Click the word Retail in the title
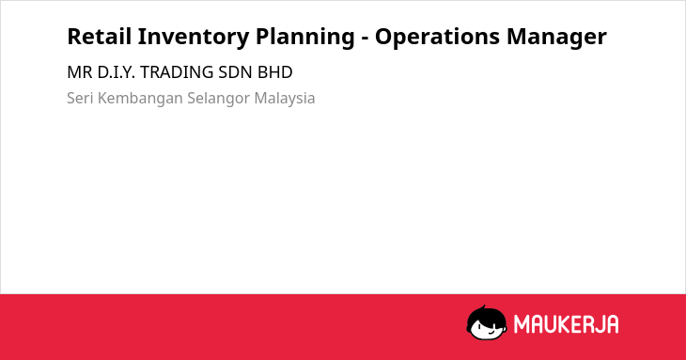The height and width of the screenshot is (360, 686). click(100, 37)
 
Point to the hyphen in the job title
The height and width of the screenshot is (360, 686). click(365, 39)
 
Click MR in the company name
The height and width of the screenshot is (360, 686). click(80, 72)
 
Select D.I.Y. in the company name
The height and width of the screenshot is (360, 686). click(116, 72)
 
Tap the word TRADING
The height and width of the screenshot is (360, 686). click(177, 72)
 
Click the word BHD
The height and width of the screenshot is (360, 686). click(274, 72)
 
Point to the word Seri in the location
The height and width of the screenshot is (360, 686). click(80, 98)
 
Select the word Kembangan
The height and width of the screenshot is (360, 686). click(140, 99)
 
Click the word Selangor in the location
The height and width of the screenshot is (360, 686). click(218, 99)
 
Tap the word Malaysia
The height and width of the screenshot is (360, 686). click(285, 99)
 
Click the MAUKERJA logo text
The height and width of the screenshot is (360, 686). click(566, 324)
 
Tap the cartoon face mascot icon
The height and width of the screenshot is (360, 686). click(487, 322)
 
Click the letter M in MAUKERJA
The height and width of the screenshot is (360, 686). click(521, 324)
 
